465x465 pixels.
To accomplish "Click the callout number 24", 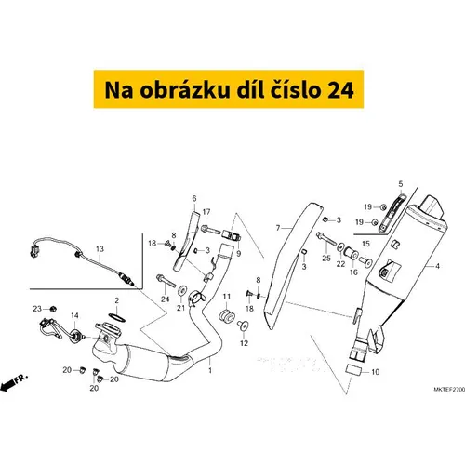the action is [x=165, y=299].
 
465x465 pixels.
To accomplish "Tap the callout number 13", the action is [x=100, y=249].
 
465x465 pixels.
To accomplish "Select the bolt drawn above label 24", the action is [x=166, y=281].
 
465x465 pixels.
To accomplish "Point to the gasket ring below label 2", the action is [x=117, y=317].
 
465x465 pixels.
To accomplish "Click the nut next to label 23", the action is [x=53, y=309].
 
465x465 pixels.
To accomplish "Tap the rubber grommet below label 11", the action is [x=227, y=315].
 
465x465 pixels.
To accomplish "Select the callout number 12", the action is [x=244, y=343].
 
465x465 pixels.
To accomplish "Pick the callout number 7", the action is [x=278, y=229].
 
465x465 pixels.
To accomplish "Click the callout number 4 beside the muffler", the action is [x=437, y=266].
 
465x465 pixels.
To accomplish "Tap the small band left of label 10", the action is [x=352, y=370].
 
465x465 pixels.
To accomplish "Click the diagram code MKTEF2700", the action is [x=449, y=390].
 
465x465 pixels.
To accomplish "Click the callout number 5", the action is [x=401, y=184].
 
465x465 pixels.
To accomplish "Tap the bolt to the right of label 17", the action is [x=211, y=230].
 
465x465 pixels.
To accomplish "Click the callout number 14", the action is [x=74, y=315].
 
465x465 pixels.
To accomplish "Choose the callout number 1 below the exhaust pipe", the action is [x=210, y=370].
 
